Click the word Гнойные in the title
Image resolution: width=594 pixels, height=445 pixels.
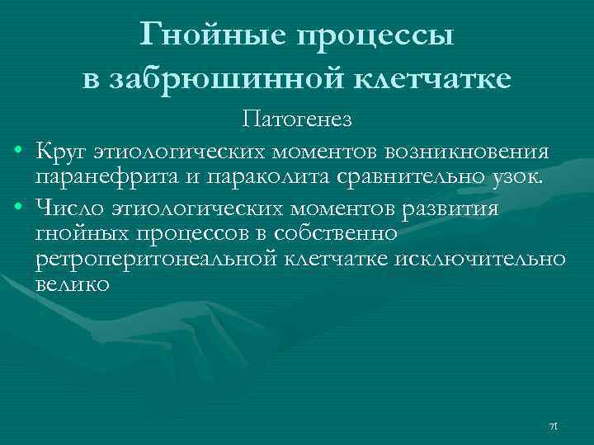pos(206,35)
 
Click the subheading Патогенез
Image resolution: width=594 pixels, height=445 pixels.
pos(297,121)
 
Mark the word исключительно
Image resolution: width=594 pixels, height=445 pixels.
pos(481,260)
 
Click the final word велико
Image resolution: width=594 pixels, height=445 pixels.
pos(73,286)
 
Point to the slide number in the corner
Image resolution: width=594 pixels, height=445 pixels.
pos(554,426)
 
